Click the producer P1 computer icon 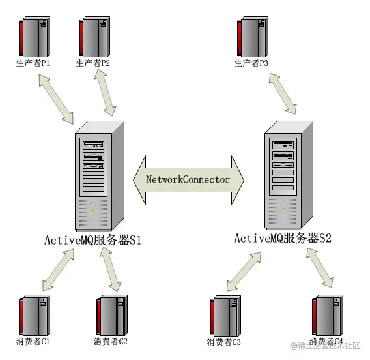(x=35, y=37)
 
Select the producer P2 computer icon (x=94, y=37)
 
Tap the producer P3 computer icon (x=253, y=37)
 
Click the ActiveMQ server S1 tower (x=100, y=176)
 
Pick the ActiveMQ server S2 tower (x=289, y=175)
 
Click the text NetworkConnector (x=188, y=179)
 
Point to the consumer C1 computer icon (x=35, y=315)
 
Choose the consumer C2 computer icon (x=112, y=315)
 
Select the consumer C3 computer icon (x=225, y=316)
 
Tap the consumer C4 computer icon (x=328, y=315)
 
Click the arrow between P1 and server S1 (x=56, y=99)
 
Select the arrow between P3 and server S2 (x=283, y=93)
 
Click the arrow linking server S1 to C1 (x=58, y=269)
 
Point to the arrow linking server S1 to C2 (x=111, y=269)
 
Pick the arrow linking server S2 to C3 (x=244, y=272)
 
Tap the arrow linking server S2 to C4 (x=320, y=268)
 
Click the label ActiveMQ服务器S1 (x=92, y=240)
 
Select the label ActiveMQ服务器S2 (x=283, y=238)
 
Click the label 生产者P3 (x=251, y=63)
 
